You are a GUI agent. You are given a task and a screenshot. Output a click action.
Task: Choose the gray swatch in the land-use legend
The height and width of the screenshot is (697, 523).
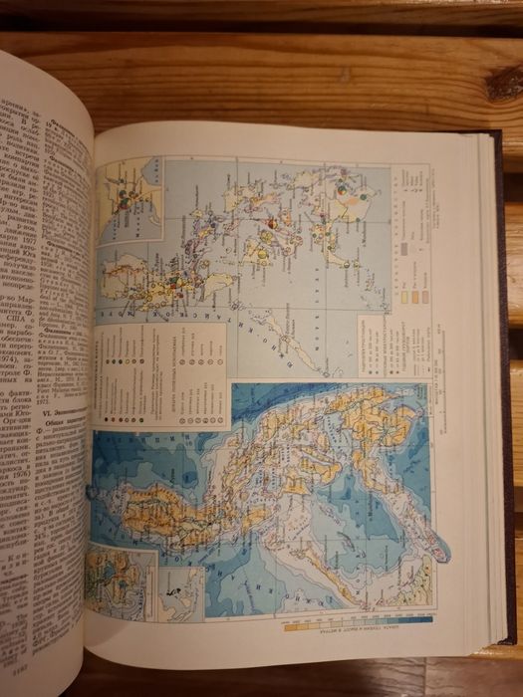[x=407, y=243]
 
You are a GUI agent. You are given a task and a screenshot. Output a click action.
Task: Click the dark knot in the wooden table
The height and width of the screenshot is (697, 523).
[x=502, y=85]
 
